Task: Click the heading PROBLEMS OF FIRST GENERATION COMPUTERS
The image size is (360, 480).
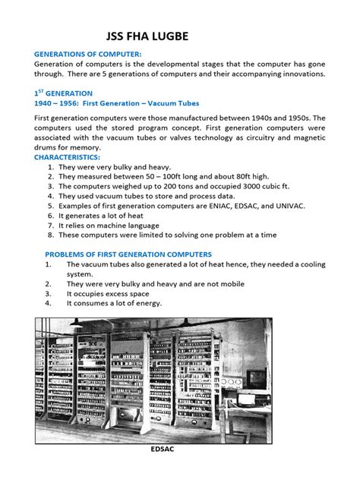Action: (128, 254)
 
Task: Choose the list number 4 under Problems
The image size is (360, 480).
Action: (47, 303)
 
